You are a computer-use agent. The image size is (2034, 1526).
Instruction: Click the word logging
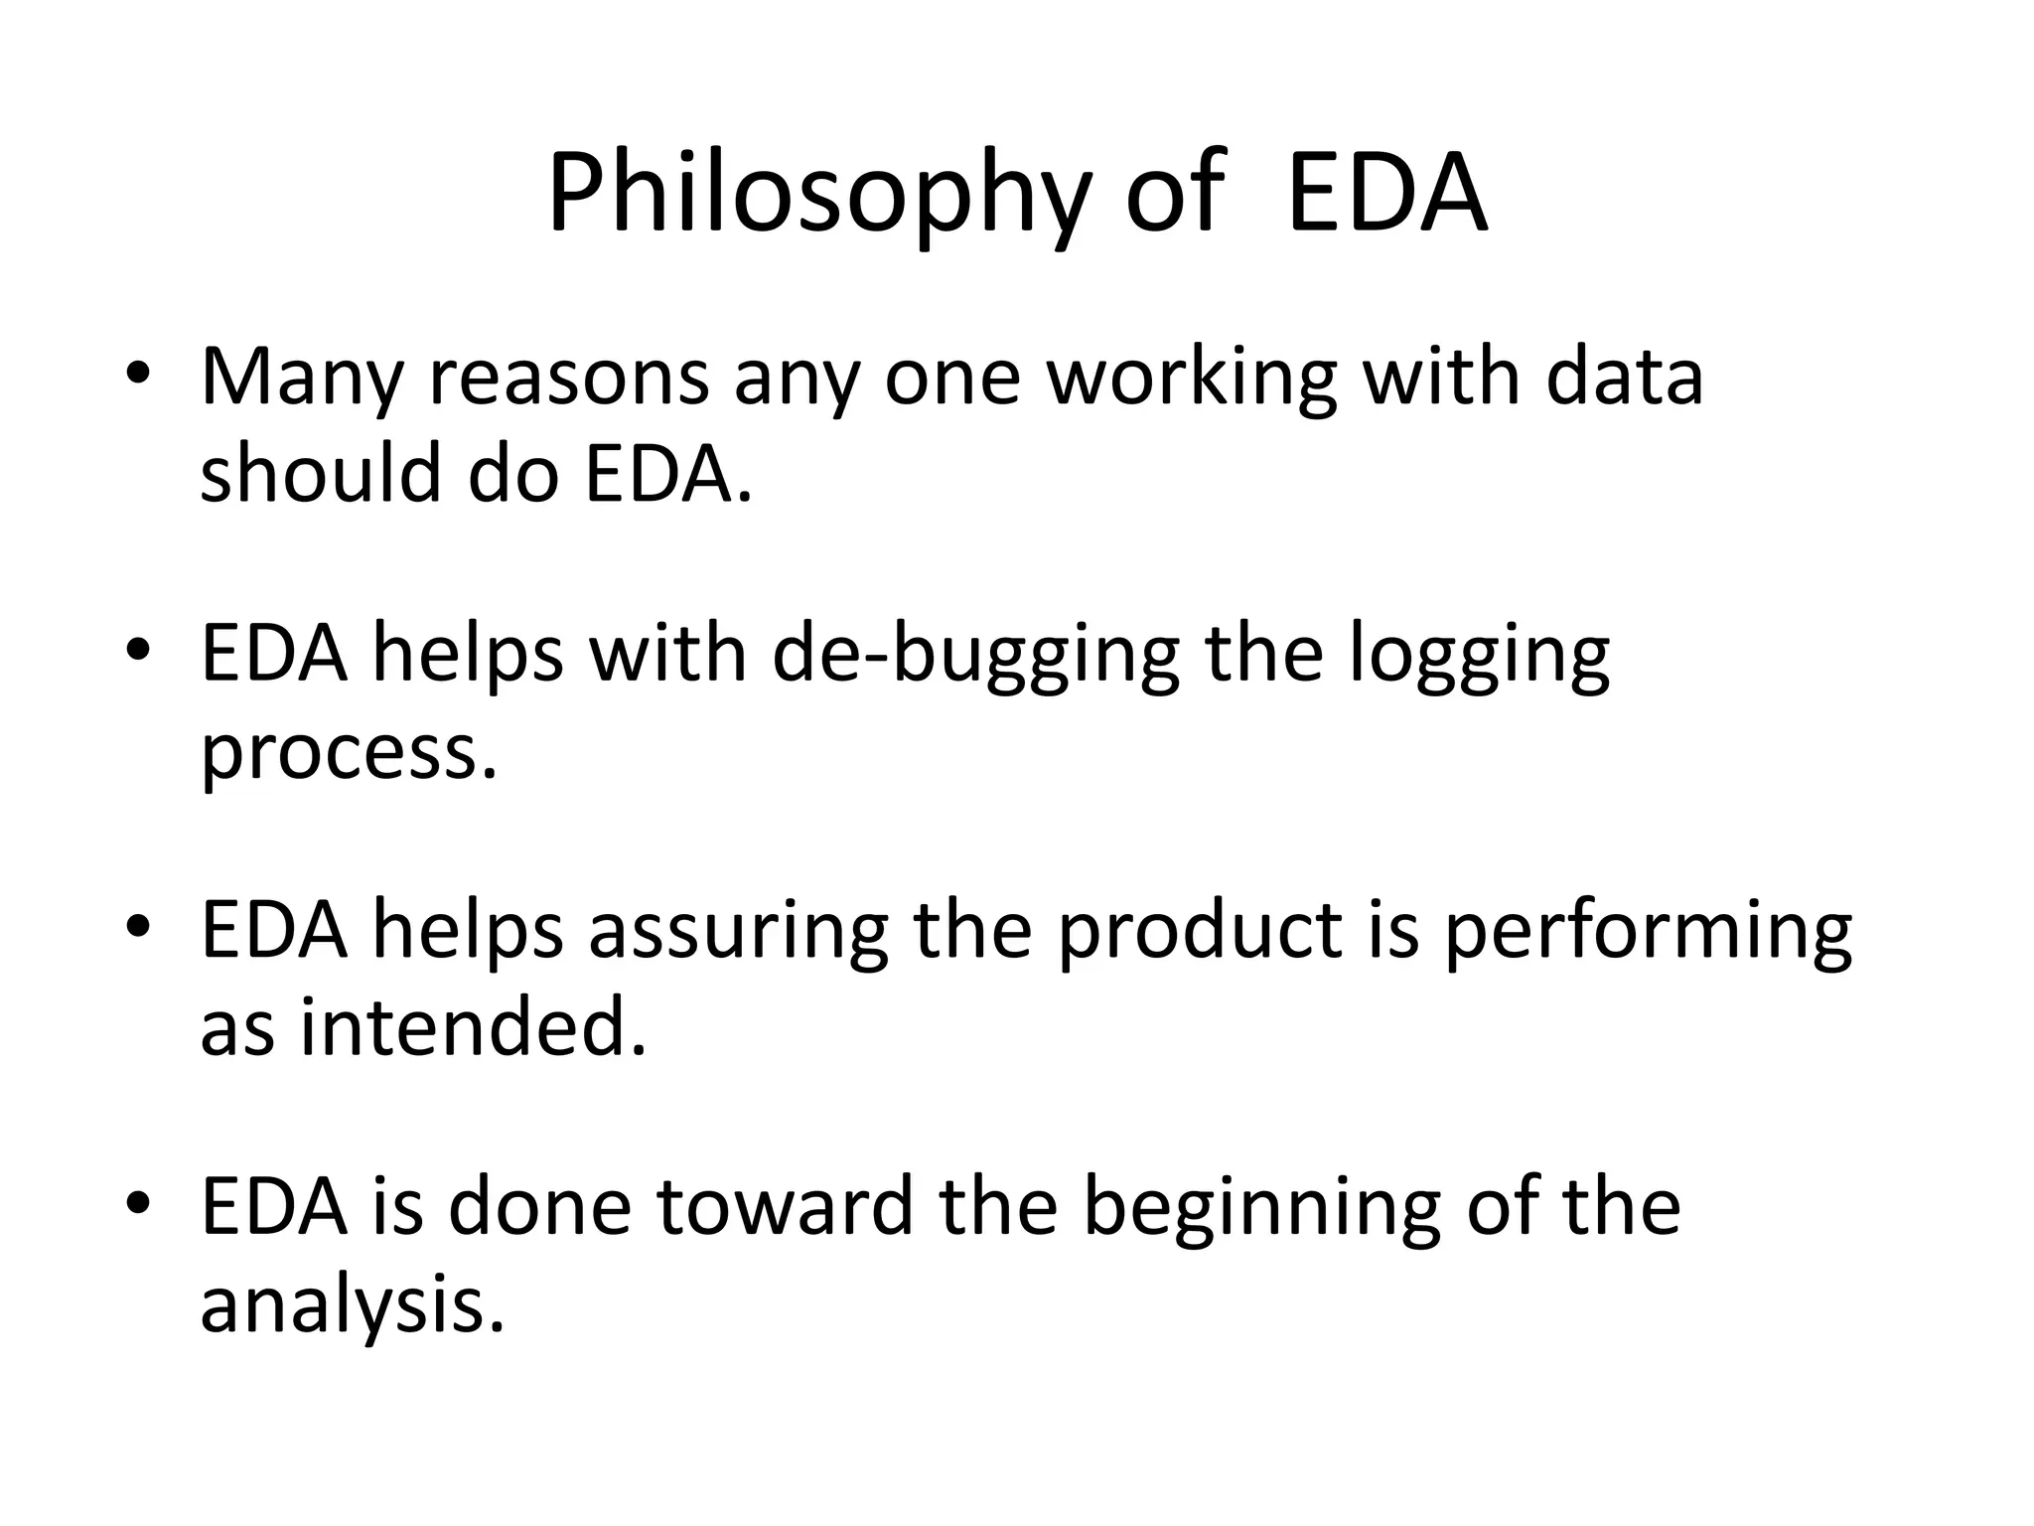tap(1479, 656)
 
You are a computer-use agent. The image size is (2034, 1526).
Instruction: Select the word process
tap(348, 751)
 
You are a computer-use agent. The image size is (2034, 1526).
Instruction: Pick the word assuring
tap(737, 931)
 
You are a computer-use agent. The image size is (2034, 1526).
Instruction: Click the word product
tap(1199, 931)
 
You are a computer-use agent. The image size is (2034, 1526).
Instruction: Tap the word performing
tap(1647, 931)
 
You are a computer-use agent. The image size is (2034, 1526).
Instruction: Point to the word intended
tap(472, 1026)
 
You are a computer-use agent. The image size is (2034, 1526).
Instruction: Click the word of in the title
tap(1173, 194)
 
